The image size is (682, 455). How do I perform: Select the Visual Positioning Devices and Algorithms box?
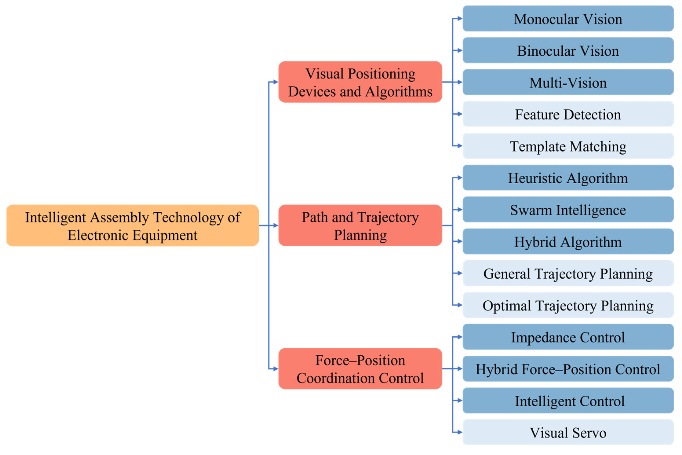click(x=360, y=82)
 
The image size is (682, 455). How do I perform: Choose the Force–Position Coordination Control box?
click(x=360, y=368)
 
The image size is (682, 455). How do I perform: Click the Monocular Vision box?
click(x=568, y=18)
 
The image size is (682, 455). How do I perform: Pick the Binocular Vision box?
click(x=568, y=51)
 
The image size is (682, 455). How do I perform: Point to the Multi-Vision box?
click(x=568, y=82)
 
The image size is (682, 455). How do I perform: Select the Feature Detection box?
click(x=568, y=114)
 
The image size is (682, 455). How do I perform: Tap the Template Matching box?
click(x=568, y=146)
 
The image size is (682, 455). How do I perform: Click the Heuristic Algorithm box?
click(x=568, y=178)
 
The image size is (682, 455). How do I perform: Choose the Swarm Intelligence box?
click(x=568, y=209)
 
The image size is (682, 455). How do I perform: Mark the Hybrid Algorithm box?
click(x=568, y=242)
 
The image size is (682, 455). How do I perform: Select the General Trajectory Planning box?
click(x=568, y=273)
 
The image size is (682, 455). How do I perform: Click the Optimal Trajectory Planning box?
click(x=568, y=305)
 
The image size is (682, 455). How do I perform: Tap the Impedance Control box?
click(x=568, y=337)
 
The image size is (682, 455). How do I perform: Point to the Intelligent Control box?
click(x=568, y=401)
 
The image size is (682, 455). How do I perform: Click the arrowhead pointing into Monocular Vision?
click(x=460, y=18)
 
